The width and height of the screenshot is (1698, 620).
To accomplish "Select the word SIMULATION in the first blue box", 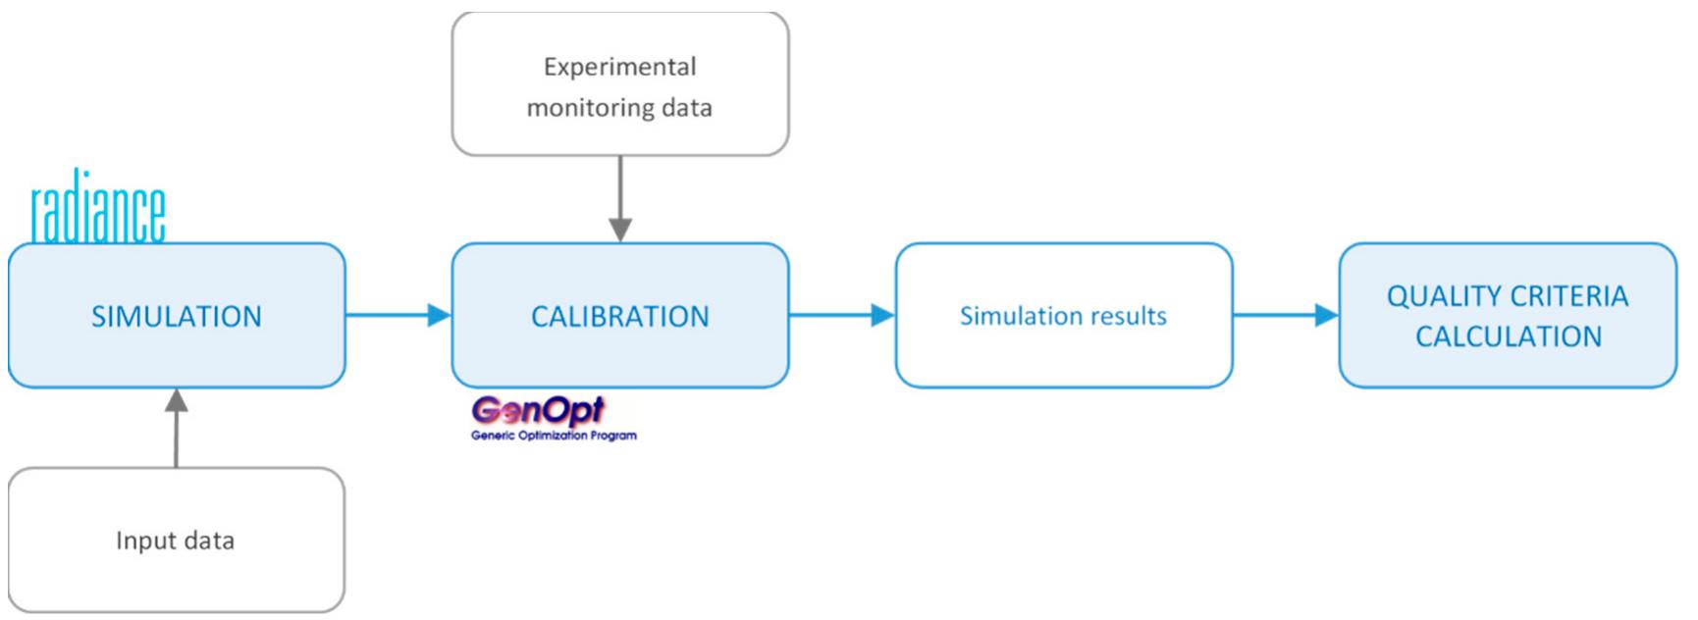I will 177,317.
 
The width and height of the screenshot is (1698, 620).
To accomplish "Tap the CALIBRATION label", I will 619,317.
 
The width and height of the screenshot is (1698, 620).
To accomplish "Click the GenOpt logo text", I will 538,411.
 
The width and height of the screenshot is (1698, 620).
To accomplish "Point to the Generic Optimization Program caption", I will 554,436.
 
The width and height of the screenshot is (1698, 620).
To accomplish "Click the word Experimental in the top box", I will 619,67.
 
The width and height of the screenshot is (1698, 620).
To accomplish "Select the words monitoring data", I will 619,108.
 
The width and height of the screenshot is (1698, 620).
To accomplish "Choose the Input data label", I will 175,541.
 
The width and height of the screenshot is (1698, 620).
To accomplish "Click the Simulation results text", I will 1063,316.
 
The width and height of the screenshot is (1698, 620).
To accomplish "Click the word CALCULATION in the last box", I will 1508,336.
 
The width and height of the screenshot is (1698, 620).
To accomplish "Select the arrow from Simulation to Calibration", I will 398,315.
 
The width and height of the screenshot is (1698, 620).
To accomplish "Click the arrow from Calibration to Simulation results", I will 841,315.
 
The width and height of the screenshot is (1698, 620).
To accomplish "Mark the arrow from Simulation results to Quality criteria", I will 1285,315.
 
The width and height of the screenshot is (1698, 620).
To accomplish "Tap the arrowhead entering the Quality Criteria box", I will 1326,315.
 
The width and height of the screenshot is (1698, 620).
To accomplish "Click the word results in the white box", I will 1129,316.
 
